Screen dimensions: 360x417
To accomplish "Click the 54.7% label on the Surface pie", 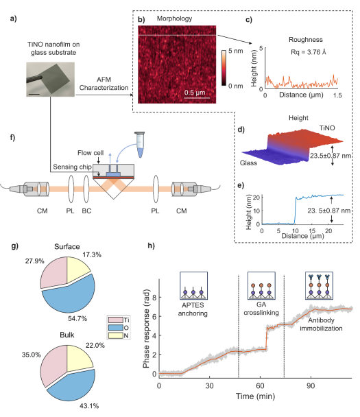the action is (77, 318).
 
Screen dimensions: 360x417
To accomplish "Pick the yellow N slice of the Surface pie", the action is (77, 270).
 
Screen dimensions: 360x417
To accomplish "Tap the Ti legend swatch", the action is (116, 320).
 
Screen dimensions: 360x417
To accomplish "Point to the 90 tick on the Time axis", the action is (311, 385).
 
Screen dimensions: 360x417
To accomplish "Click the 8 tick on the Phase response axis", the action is (154, 297).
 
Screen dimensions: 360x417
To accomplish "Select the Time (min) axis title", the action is (255, 396).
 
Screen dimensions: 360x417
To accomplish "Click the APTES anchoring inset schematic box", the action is (193, 285).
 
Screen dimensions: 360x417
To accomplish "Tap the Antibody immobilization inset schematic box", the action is (319, 285).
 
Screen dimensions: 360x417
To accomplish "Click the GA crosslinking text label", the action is (261, 309).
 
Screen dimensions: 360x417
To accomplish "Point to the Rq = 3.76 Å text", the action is (309, 52).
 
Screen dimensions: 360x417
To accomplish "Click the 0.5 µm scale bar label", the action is (195, 93).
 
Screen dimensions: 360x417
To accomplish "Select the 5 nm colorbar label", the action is (236, 51).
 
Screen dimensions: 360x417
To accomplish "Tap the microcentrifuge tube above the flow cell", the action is (140, 144).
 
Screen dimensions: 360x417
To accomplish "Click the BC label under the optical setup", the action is (86, 211).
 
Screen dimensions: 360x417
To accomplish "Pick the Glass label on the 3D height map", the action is (248, 163).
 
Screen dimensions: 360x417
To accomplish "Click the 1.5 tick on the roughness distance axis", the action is (337, 95).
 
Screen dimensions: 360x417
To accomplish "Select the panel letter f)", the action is (12, 137).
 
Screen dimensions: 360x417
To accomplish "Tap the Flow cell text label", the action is (91, 153).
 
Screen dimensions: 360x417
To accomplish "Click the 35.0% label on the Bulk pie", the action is (32, 355).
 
